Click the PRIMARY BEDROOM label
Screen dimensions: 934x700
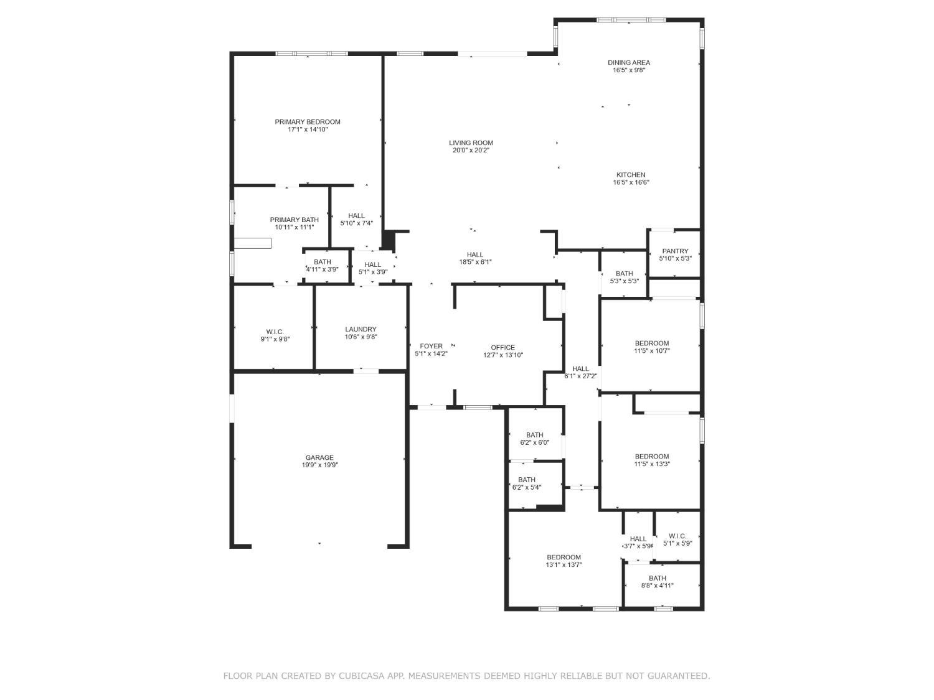coord(307,122)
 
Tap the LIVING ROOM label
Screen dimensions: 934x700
coord(471,143)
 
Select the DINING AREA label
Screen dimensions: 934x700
coord(628,62)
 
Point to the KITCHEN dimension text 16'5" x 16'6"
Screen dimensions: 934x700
coord(631,182)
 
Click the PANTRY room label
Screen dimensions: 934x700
coord(675,251)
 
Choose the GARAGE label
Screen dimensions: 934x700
coord(319,458)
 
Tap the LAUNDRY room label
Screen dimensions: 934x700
coord(361,329)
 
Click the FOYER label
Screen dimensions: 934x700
coord(431,347)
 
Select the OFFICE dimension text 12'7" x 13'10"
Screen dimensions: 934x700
coord(502,355)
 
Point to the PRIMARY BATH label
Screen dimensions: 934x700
coord(294,220)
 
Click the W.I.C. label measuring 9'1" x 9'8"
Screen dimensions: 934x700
coord(275,332)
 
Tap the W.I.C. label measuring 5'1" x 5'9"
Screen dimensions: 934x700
coord(677,536)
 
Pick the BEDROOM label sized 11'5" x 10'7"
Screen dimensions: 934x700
coord(651,343)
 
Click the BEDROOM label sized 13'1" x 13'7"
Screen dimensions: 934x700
coord(564,557)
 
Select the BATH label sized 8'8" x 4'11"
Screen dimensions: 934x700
coord(657,578)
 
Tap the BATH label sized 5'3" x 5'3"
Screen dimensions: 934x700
coord(624,274)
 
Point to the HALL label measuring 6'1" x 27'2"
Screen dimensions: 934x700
coord(580,369)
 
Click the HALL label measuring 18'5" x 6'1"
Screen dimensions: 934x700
coord(475,254)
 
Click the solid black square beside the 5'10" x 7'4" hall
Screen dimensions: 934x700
coord(389,241)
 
